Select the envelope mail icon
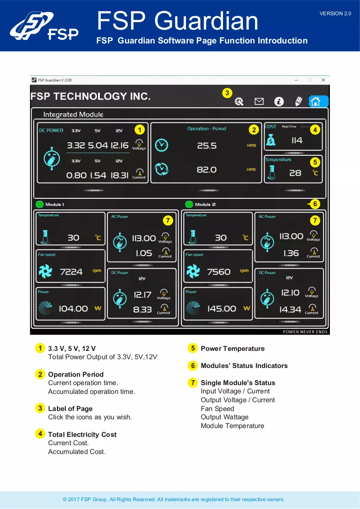tap(259, 102)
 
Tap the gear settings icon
tap(239, 102)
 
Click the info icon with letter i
tap(279, 102)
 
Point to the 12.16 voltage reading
tap(119, 145)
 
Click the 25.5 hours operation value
tap(207, 146)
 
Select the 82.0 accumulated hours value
tap(207, 170)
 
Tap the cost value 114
tap(297, 140)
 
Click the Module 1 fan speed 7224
tap(71, 272)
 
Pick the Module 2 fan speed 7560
tap(219, 272)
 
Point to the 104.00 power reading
tap(73, 308)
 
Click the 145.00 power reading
tap(222, 308)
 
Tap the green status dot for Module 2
tap(189, 204)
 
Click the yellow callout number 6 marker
tap(315, 204)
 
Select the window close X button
tap(323, 80)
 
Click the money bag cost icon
tap(271, 140)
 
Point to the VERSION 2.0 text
tap(335, 13)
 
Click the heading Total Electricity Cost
tap(82, 435)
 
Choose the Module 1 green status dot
tap(39, 204)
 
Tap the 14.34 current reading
tap(290, 310)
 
